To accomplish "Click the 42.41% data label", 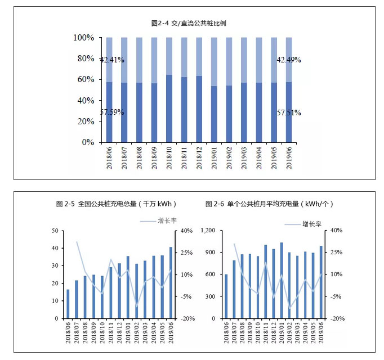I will (x=112, y=59).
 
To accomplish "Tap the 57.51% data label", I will (x=289, y=112).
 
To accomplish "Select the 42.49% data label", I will (x=289, y=59).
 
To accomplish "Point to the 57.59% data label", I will (x=112, y=112).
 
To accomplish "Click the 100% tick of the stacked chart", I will (x=83, y=38).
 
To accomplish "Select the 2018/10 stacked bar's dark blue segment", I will (x=169, y=108).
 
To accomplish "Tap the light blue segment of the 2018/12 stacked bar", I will (x=199, y=56).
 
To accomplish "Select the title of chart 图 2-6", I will (x=273, y=204).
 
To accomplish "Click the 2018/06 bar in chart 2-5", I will (x=68, y=304).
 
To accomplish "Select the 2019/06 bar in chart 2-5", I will (x=171, y=282).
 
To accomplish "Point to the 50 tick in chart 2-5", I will (x=55, y=231).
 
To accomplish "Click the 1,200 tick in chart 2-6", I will (x=208, y=231).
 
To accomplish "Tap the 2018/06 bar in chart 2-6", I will (x=226, y=296).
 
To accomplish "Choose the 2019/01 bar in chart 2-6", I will (x=282, y=280).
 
